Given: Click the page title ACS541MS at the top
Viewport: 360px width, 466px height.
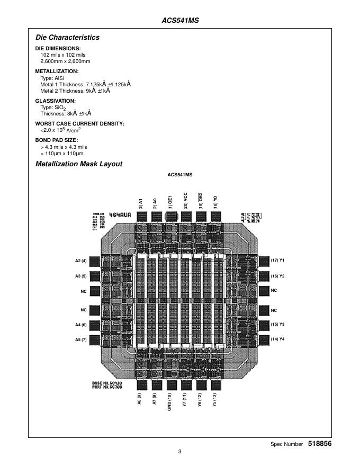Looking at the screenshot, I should point(180,21).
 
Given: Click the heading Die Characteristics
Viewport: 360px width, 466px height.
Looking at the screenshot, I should point(67,38).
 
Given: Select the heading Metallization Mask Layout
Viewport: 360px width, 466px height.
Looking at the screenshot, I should point(79,164).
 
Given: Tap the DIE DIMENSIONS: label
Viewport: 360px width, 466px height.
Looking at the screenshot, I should point(58,48).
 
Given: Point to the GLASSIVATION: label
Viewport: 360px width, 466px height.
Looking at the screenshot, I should point(56,101).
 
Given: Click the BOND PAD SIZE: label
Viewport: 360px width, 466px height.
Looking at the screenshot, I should point(56,140).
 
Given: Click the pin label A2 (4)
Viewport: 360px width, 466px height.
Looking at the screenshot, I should point(80,261).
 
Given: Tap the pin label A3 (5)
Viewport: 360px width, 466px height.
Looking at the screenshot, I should point(80,276).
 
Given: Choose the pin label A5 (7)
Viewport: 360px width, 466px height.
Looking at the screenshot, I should point(80,339).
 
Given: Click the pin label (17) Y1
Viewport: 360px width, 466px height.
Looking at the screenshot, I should point(278,261).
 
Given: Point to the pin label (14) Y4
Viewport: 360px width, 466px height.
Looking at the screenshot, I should point(278,339).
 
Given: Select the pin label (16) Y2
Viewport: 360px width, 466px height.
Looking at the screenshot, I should point(278,276).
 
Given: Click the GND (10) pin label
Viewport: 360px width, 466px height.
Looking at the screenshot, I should point(169,402).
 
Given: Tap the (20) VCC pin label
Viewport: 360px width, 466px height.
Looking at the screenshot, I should point(185,201).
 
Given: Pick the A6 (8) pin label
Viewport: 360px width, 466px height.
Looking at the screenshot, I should point(139,399).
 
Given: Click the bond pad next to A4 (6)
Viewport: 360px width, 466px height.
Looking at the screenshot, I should point(95,325).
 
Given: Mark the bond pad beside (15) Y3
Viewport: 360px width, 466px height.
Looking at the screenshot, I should point(264,325).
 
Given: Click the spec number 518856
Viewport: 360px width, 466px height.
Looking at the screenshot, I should point(320,444).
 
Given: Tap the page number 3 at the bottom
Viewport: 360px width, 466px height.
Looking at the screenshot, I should point(180,452).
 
